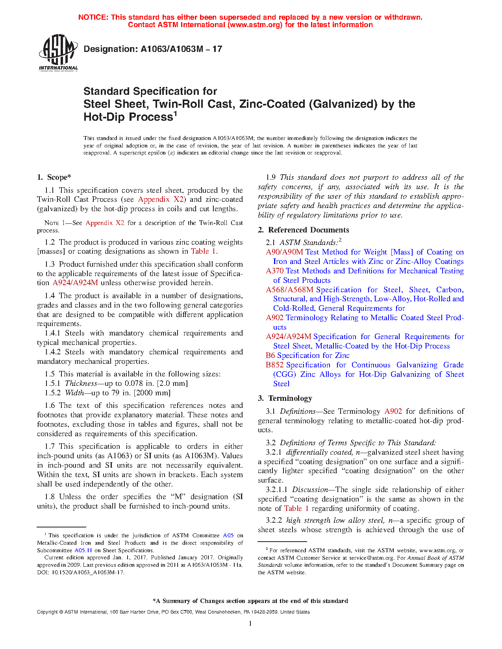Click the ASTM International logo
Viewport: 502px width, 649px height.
pyautogui.click(x=58, y=52)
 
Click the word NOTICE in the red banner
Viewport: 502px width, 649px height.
pyautogui.click(x=93, y=17)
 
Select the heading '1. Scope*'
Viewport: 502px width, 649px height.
pyautogui.click(x=54, y=177)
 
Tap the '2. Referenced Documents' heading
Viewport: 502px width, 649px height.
pyautogui.click(x=304, y=230)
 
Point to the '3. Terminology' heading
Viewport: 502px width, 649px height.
pyautogui.click(x=285, y=398)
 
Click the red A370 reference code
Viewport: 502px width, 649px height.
pyautogui.click(x=274, y=271)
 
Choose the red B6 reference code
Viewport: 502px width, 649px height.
pyautogui.click(x=270, y=356)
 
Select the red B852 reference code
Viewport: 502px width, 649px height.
pyautogui.click(x=274, y=365)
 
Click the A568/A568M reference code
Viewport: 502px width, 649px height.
pyautogui.click(x=289, y=290)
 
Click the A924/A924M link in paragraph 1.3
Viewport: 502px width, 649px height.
pyautogui.click(x=75, y=283)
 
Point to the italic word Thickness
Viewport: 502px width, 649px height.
pyautogui.click(x=81, y=383)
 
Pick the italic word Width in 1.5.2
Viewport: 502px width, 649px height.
pyautogui.click(x=74, y=393)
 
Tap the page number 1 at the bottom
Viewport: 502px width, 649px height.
pyautogui.click(x=250, y=623)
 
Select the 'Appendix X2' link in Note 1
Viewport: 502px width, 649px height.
pyautogui.click(x=105, y=223)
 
